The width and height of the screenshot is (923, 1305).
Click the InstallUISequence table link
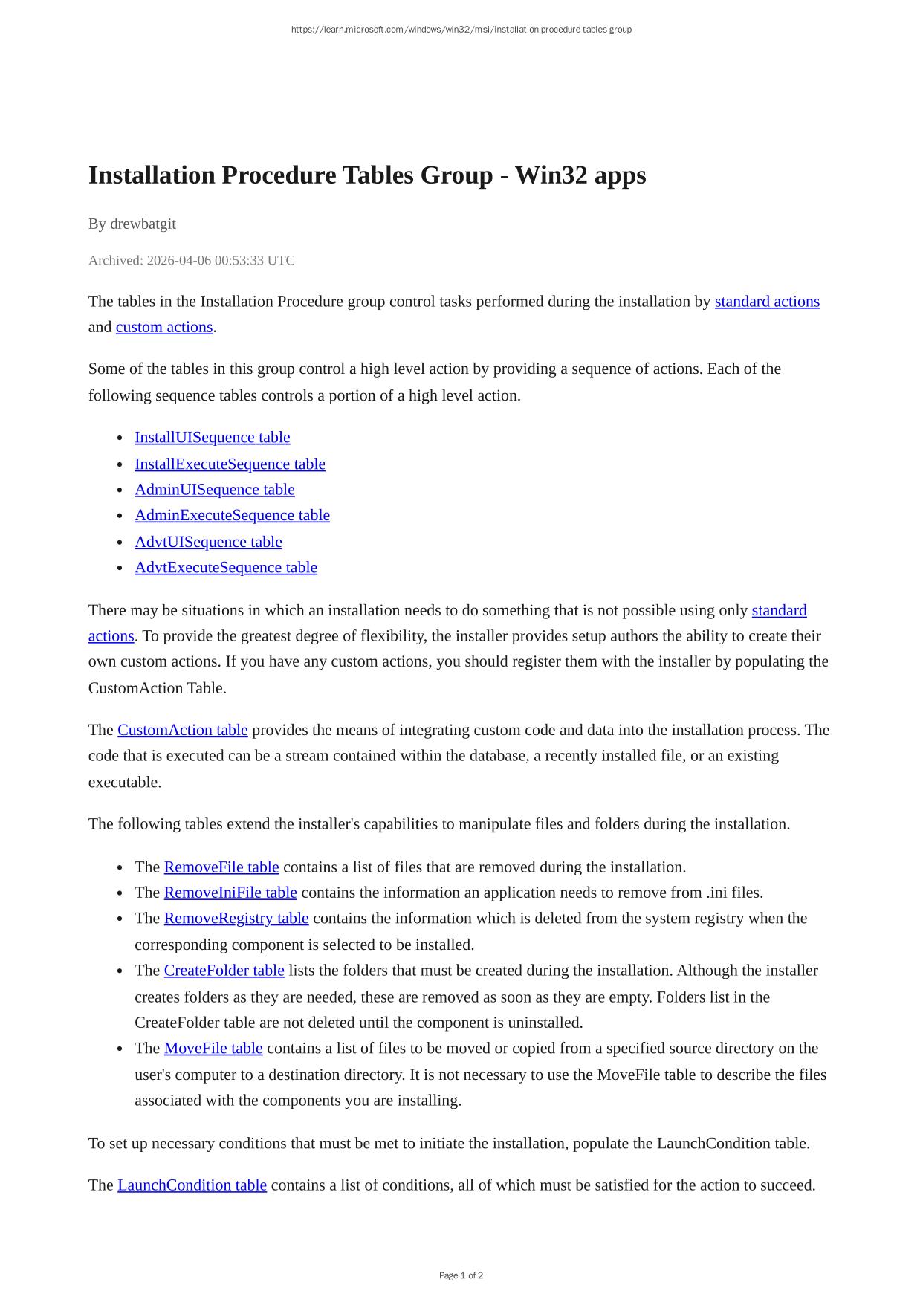pyautogui.click(x=212, y=438)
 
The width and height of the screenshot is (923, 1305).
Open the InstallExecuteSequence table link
pyautogui.click(x=230, y=464)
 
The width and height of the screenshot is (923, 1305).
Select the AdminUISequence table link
pyautogui.click(x=214, y=490)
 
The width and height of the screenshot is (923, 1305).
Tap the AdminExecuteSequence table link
pyautogui.click(x=232, y=516)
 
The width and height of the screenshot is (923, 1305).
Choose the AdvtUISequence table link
pyautogui.click(x=208, y=543)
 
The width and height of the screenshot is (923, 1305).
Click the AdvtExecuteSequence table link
pyautogui.click(x=225, y=568)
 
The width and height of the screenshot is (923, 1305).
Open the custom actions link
pyautogui.click(x=164, y=328)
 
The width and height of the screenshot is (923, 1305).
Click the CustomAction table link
pyautogui.click(x=182, y=731)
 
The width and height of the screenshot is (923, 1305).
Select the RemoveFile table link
pyautogui.click(x=221, y=867)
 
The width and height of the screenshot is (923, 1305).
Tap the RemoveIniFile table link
pyautogui.click(x=230, y=893)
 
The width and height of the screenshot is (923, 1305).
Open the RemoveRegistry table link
pyautogui.click(x=236, y=919)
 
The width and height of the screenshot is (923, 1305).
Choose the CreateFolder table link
pyautogui.click(x=224, y=971)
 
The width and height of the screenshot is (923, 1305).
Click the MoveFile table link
pyautogui.click(x=213, y=1049)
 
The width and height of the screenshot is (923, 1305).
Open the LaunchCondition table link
pyautogui.click(x=192, y=1185)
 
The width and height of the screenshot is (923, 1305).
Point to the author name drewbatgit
pyautogui.click(x=143, y=224)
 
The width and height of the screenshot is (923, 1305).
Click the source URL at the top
pyautogui.click(x=461, y=30)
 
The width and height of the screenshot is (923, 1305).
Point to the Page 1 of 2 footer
pyautogui.click(x=461, y=1275)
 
